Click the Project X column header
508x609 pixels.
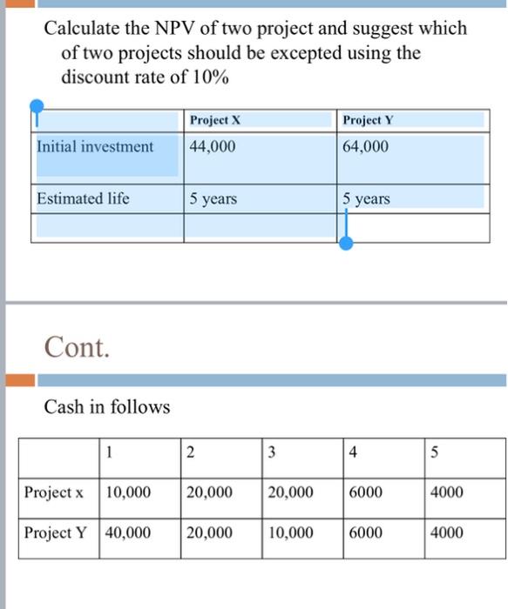tap(214, 120)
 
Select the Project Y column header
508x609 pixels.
tap(369, 120)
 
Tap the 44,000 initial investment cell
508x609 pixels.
tap(213, 147)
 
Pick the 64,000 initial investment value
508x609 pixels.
tap(366, 147)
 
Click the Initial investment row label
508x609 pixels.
tap(95, 147)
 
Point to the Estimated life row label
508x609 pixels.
tap(83, 198)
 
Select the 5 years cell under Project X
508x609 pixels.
tap(213, 199)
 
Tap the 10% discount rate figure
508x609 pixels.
tap(210, 77)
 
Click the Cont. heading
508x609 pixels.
tap(78, 348)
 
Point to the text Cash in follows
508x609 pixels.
tap(107, 406)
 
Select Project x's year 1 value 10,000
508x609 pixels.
tap(128, 492)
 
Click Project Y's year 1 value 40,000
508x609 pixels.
tap(128, 532)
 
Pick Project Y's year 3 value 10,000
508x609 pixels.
tap(291, 532)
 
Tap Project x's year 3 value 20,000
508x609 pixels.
tap(291, 492)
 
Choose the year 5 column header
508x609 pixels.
tap(436, 452)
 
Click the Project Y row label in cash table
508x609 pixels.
tap(56, 532)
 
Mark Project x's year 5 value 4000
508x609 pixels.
tap(447, 492)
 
